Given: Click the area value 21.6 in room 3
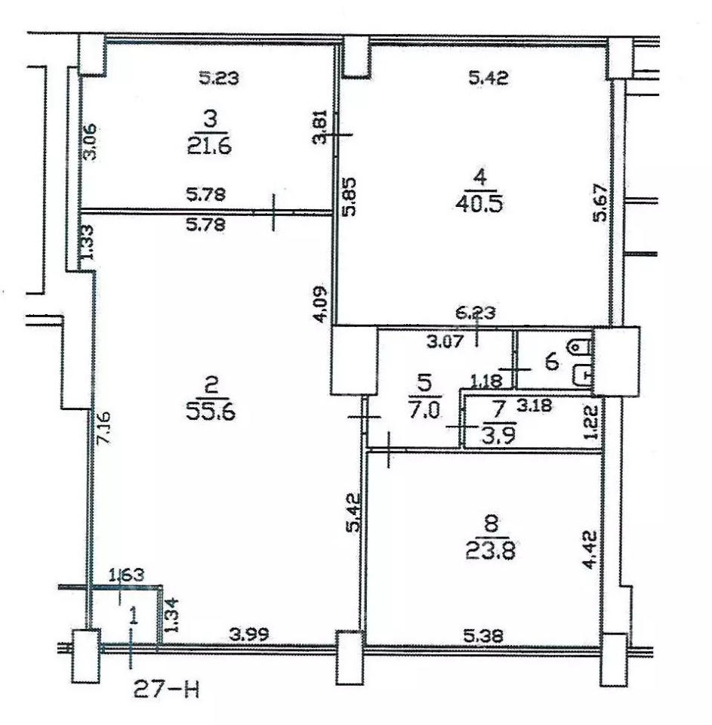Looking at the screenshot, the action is (x=209, y=147).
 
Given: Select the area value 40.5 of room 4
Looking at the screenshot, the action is (x=479, y=203).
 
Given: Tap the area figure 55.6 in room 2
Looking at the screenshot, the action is (x=211, y=411).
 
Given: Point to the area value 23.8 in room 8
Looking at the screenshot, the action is (x=490, y=551).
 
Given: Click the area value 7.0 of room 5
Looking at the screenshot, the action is (x=424, y=410).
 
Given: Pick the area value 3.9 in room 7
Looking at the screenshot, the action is (x=498, y=436).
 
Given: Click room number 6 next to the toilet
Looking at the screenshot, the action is (x=552, y=362).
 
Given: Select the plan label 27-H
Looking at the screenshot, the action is (x=167, y=690).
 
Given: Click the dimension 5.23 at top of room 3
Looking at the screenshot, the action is (x=219, y=78).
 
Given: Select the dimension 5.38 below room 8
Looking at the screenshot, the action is (x=483, y=636).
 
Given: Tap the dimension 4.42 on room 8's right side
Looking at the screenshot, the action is (x=590, y=550).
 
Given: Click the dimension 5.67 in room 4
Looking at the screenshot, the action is (x=600, y=203).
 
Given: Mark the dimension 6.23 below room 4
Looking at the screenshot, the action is (x=476, y=313).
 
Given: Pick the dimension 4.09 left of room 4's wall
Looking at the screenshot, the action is (x=320, y=304).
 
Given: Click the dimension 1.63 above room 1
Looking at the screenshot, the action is (x=126, y=575).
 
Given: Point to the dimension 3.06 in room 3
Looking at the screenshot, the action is (x=91, y=141).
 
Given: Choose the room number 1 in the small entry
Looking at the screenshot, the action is (x=134, y=617).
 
